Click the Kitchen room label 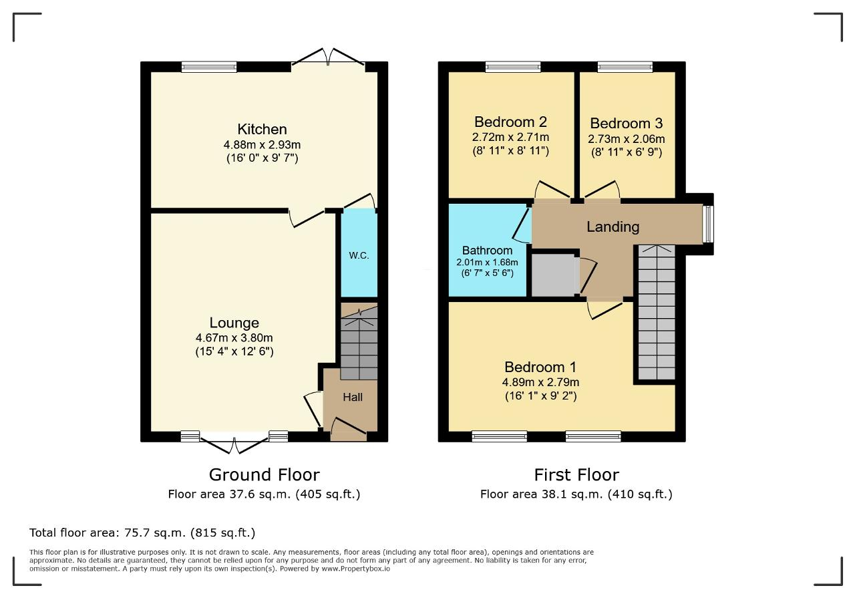tap(262, 130)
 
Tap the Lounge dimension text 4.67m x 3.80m tap(234, 338)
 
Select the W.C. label tap(359, 255)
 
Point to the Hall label tap(352, 397)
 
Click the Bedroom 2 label tap(510, 122)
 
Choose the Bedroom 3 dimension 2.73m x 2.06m tap(626, 139)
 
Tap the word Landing tap(613, 227)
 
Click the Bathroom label tap(487, 251)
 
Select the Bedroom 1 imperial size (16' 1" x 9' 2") tap(540, 396)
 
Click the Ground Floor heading tap(264, 474)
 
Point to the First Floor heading tap(576, 474)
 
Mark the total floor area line tap(142, 533)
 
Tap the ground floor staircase tap(359, 343)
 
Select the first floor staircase tap(657, 313)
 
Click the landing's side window tap(708, 224)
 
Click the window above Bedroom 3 tap(625, 67)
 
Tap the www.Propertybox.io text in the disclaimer tap(356, 569)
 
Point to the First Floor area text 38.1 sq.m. tap(572, 494)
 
